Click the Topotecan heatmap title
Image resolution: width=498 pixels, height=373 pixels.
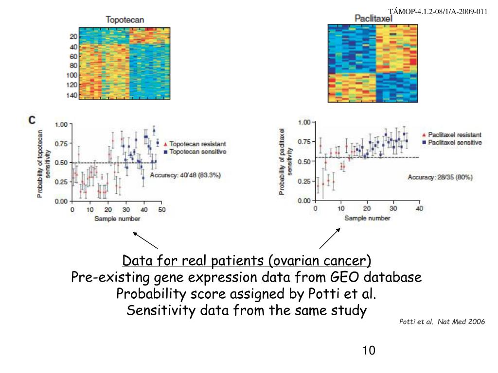pyautogui.click(x=125, y=20)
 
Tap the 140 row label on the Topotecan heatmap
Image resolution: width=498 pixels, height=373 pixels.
pyautogui.click(x=71, y=95)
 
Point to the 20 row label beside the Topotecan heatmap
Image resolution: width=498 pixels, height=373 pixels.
pyautogui.click(x=73, y=37)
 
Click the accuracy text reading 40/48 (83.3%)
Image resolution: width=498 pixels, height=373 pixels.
pyautogui.click(x=185, y=175)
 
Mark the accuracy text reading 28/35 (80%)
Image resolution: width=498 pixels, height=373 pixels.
pyautogui.click(x=440, y=177)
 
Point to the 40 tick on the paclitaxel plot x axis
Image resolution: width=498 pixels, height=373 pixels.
pyautogui.click(x=420, y=208)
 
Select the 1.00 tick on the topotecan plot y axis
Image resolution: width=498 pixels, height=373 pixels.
pyautogui.click(x=61, y=124)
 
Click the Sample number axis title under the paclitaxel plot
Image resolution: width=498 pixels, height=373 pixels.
pyautogui.click(x=367, y=218)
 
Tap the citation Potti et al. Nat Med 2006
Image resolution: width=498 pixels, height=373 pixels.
pyautogui.click(x=442, y=322)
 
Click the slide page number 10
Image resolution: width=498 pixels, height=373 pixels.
pyautogui.click(x=369, y=350)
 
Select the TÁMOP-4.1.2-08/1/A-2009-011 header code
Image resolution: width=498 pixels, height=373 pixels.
pyautogui.click(x=445, y=11)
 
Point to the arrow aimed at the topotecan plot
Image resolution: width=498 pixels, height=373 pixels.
pyautogui.click(x=145, y=240)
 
